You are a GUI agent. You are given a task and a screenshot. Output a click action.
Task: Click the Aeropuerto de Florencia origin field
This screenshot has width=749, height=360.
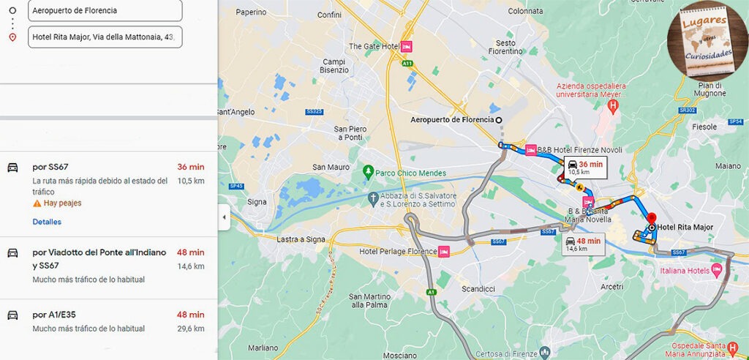click(104, 10)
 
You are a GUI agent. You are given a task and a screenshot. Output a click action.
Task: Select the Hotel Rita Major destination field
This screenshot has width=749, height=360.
click(104, 37)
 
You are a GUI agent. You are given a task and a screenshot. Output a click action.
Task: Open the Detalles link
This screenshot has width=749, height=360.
click(47, 222)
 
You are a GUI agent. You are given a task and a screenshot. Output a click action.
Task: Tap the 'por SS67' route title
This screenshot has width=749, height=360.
click(50, 167)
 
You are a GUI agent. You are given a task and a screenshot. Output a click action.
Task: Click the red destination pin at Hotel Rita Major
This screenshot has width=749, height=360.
click(651, 219)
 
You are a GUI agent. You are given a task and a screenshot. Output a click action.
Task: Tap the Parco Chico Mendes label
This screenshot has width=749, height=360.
click(411, 173)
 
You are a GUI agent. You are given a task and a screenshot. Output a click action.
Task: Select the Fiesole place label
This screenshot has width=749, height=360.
click(704, 127)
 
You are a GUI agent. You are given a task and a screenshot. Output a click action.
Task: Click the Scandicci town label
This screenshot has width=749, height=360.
click(478, 288)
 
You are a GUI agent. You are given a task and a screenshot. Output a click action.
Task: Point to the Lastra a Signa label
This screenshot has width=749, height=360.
click(301, 239)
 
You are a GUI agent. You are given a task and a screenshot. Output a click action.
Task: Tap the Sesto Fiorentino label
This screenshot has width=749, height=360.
click(505, 48)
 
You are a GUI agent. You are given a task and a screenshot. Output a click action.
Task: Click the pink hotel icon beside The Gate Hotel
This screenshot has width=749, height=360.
click(407, 46)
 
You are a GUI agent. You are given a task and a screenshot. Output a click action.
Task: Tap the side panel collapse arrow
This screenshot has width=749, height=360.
click(225, 217)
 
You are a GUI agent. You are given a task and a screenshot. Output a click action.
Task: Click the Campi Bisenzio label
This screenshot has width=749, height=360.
click(334, 66)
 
